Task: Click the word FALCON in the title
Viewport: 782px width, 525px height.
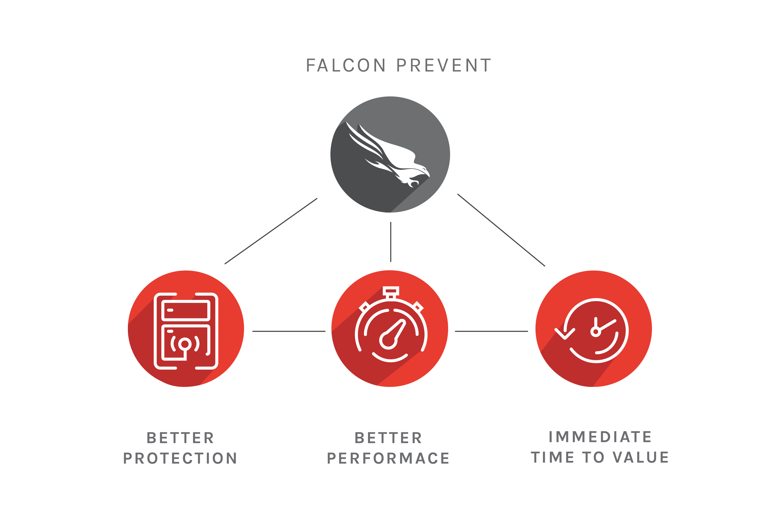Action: pos(346,65)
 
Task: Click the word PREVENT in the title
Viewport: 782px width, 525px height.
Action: pos(444,65)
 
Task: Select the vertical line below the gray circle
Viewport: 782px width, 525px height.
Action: pos(391,241)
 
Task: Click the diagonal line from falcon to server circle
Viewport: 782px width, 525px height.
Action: pos(271,231)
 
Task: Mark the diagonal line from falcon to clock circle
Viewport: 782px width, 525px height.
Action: pos(501,230)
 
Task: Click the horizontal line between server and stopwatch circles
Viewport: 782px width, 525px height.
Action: pos(288,331)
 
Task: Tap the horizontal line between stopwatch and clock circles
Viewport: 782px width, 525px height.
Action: pos(491,331)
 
